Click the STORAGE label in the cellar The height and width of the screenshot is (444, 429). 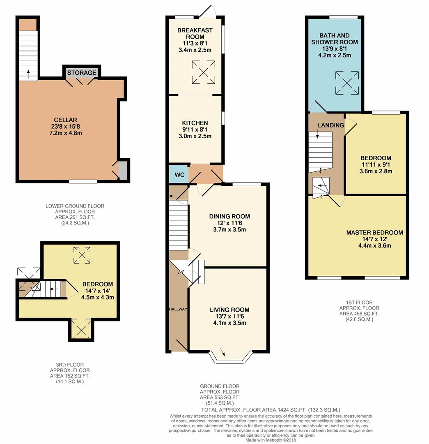click(81, 73)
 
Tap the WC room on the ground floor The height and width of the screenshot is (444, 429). click(179, 174)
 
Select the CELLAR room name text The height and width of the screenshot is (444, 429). click(65, 120)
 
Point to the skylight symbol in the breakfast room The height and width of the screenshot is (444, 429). click(203, 72)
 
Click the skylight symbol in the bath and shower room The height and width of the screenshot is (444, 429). click(347, 83)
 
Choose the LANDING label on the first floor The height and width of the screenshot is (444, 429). click(331, 125)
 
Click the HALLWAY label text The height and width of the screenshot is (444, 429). click(178, 309)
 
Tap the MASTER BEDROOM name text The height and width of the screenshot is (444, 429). click(375, 232)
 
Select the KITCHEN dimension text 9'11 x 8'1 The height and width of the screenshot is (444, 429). click(195, 129)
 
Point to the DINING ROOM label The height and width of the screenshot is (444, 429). click(229, 216)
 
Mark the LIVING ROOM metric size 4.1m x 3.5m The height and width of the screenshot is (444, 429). click(229, 323)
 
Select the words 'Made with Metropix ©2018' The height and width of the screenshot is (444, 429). click(271, 440)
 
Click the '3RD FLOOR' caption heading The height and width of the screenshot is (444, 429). click(70, 365)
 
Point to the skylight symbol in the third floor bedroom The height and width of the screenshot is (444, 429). click(82, 255)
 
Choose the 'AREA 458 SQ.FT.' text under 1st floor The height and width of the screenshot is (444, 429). click(359, 314)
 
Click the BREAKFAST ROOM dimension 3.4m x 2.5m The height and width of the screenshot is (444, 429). click(195, 50)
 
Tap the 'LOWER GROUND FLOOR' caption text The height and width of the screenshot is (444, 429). click(75, 206)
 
